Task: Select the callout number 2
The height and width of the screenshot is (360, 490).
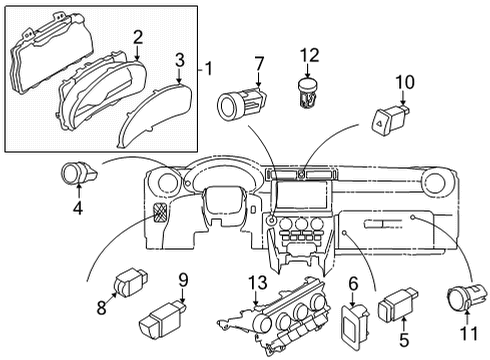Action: [x=137, y=37]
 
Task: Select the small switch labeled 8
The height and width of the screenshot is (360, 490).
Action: [x=131, y=281]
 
